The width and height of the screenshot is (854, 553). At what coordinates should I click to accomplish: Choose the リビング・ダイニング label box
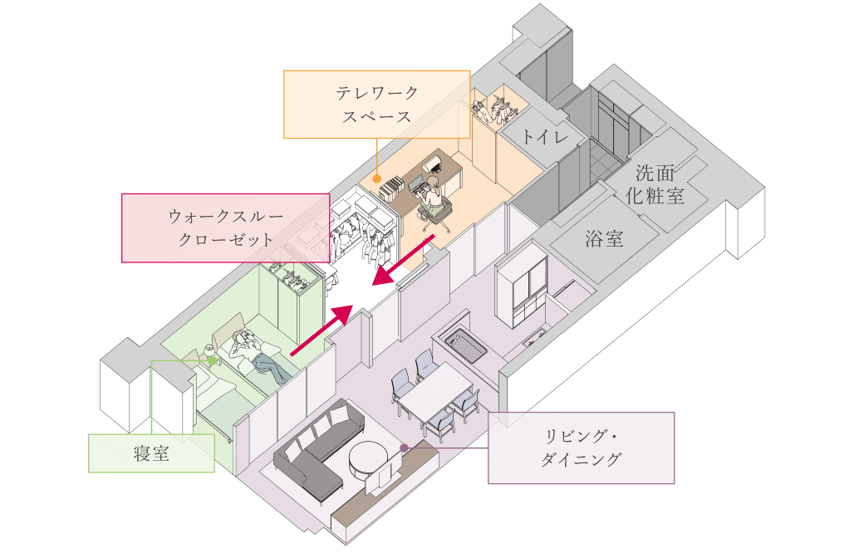click(x=581, y=448)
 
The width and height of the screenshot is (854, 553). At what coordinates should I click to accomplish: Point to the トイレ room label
click(x=545, y=138)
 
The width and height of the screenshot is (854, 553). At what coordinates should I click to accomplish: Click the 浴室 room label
click(x=604, y=240)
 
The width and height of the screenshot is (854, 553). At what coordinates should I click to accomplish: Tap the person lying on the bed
click(x=258, y=353)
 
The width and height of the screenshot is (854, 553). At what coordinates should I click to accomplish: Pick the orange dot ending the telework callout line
click(x=376, y=178)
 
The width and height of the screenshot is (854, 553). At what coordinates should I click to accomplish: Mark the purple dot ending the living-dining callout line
click(x=405, y=448)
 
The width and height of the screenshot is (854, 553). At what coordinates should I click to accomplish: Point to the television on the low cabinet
click(x=381, y=479)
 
